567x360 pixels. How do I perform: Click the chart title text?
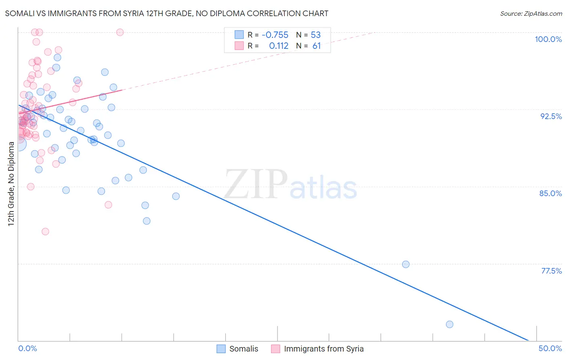pyautogui.click(x=167, y=14)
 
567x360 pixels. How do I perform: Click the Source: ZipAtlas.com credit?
pyautogui.click(x=531, y=14)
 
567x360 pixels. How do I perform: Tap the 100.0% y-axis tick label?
pyautogui.click(x=548, y=39)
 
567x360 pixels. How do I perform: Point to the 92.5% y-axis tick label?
pyautogui.click(x=551, y=116)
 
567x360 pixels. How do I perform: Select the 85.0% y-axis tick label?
pyautogui.click(x=550, y=193)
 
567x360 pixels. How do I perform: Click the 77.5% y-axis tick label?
pyautogui.click(x=551, y=271)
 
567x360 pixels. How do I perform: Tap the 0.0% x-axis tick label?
pyautogui.click(x=27, y=348)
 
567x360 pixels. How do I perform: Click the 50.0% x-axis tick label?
pyautogui.click(x=550, y=348)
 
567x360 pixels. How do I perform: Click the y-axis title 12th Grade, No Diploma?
pyautogui.click(x=11, y=184)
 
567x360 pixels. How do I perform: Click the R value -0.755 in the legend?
pyautogui.click(x=275, y=35)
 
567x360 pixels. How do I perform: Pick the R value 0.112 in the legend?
pyautogui.click(x=279, y=46)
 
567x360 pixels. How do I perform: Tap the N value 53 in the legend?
pyautogui.click(x=315, y=35)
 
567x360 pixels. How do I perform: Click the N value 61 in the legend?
pyautogui.click(x=317, y=46)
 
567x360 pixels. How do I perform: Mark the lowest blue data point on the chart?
pyautogui.click(x=450, y=324)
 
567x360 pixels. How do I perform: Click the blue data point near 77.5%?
pyautogui.click(x=406, y=264)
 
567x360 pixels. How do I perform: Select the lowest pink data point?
pyautogui.click(x=45, y=232)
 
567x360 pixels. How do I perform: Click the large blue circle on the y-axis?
pyautogui.click(x=19, y=144)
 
